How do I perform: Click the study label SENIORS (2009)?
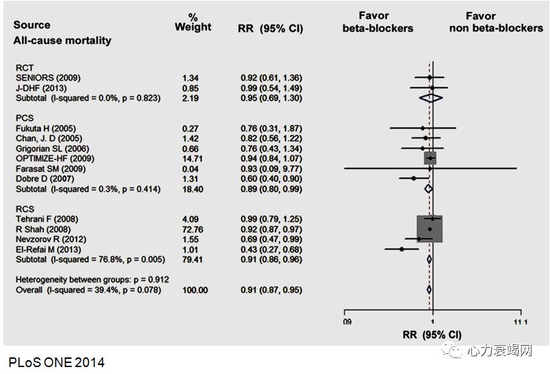click(44, 78)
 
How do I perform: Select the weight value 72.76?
click(186, 230)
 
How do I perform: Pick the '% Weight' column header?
click(193, 21)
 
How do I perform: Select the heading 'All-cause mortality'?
click(62, 40)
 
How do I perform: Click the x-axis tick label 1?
click(432, 322)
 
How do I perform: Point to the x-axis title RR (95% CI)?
click(432, 335)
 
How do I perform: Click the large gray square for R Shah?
click(430, 229)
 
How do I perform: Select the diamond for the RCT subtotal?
click(430, 98)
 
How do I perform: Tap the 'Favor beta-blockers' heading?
click(377, 21)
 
